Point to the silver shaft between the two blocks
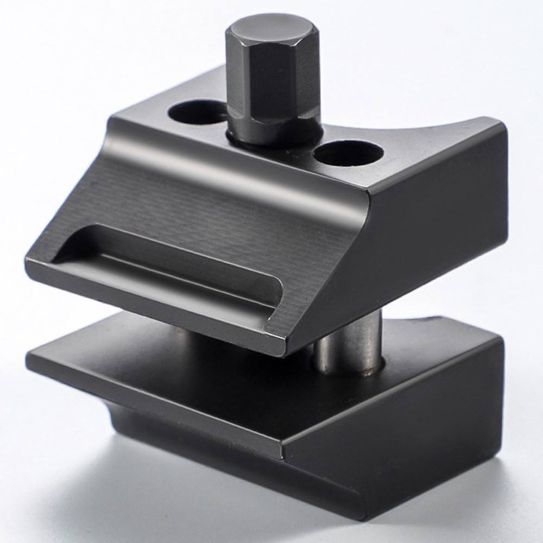tap(348, 342)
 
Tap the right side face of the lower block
tap(413, 434)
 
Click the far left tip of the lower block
tap(28, 358)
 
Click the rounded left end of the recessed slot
tap(73, 244)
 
